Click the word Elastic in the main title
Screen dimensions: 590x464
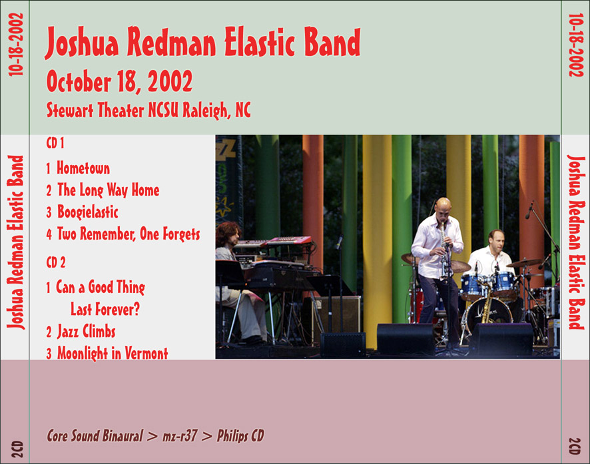pyautogui.click(x=259, y=42)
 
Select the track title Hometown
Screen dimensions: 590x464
pyautogui.click(x=83, y=168)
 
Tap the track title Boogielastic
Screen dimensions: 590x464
pyautogui.click(x=88, y=212)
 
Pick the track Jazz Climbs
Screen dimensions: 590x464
pyautogui.click(x=86, y=332)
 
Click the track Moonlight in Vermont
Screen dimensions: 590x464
pyautogui.click(x=113, y=353)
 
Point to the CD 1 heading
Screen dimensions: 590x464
pyautogui.click(x=55, y=143)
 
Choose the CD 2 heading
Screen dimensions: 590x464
pyautogui.click(x=56, y=262)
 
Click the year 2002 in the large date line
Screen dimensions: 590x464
pyautogui.click(x=170, y=81)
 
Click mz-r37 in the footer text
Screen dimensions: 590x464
pyautogui.click(x=180, y=436)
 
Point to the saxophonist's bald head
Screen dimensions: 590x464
pyautogui.click(x=443, y=205)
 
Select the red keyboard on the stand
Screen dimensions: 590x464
pyautogui.click(x=288, y=240)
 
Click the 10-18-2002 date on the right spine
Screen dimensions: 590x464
pyautogui.click(x=576, y=45)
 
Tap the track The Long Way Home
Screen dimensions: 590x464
pyautogui.click(x=109, y=190)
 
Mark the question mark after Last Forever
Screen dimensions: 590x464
pyautogui.click(x=136, y=309)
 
